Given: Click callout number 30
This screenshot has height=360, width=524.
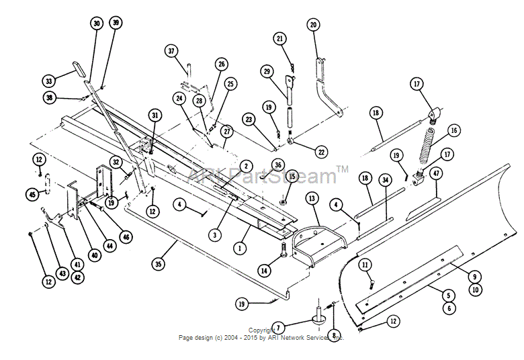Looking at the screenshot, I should click(x=97, y=24).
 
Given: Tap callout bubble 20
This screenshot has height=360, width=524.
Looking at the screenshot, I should click(x=313, y=25).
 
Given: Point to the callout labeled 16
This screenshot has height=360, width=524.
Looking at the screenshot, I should click(x=455, y=130).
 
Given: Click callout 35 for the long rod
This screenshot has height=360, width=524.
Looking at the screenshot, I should click(x=158, y=264).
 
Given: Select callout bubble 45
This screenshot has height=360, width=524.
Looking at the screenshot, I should click(x=32, y=194).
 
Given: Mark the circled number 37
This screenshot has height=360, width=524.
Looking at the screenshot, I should click(x=171, y=51).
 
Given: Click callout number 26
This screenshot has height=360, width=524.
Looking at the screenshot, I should click(x=222, y=64).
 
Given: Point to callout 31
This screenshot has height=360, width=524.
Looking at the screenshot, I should click(x=155, y=116).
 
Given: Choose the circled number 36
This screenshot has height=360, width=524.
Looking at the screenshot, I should click(x=278, y=165).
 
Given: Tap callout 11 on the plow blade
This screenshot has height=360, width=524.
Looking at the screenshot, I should click(x=365, y=264).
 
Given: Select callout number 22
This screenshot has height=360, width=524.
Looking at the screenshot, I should click(x=321, y=152).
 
